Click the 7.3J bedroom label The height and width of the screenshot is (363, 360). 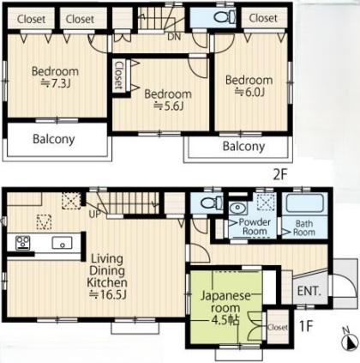pos(55,77)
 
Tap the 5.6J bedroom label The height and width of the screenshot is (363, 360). pos(168,100)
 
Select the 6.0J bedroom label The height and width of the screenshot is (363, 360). pos(249,86)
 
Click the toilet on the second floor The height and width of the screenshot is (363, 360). pos(225,17)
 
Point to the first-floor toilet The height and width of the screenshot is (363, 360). pos(212,203)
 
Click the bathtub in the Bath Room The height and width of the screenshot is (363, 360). pos(305,203)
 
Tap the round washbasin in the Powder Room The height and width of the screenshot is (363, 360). pos(238,209)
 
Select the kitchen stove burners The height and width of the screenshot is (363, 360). pos(23,242)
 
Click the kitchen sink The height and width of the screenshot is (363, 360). pos(63,243)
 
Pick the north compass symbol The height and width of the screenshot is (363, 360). pos(350,340)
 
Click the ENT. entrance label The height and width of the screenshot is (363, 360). pos(309,291)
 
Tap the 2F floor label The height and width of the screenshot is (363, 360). pos(279,175)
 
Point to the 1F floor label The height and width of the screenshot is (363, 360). pos(306,326)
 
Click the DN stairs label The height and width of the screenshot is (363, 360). pos(174,37)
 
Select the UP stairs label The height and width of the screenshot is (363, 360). pos(95,214)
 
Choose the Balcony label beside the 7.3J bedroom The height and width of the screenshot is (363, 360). pos(54,139)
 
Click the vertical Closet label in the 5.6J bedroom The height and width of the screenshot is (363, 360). pos(118,76)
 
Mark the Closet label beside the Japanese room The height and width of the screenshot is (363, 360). pos(278,327)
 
